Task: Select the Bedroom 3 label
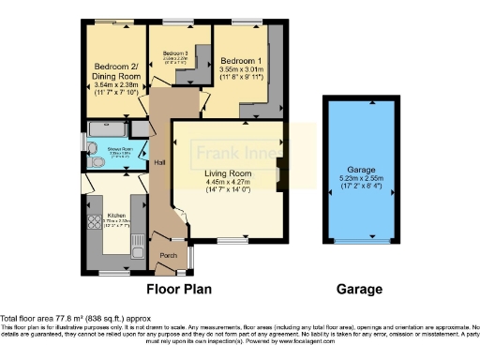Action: [175, 53]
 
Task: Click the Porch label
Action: [170, 255]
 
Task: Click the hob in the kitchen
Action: [94, 223]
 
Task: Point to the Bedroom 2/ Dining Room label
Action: [115, 71]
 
